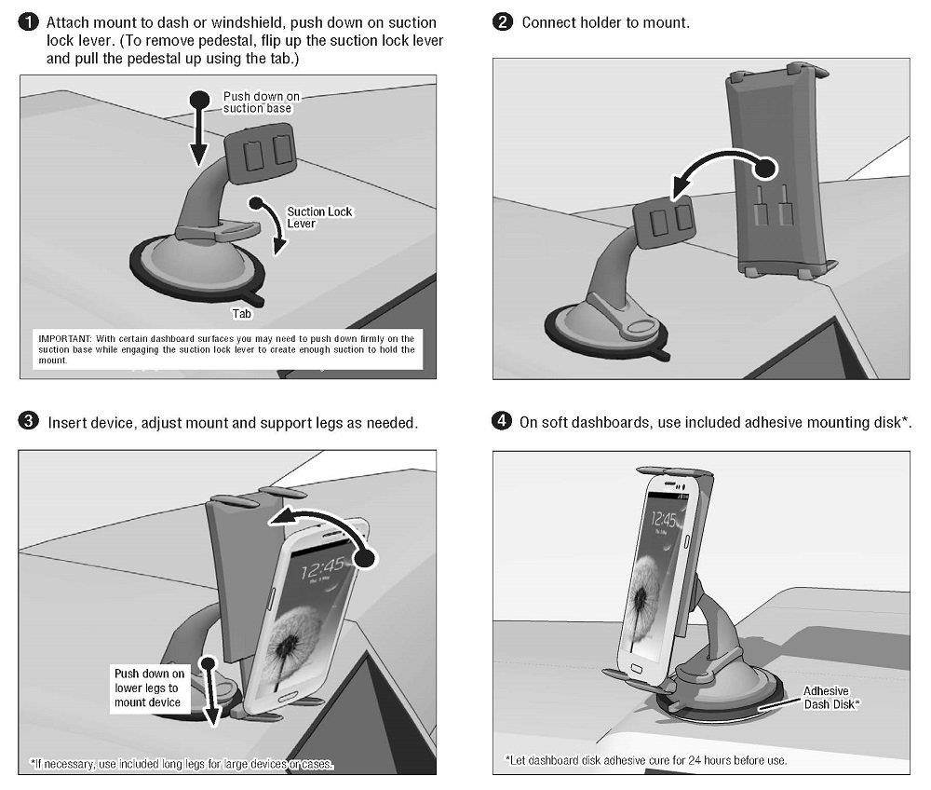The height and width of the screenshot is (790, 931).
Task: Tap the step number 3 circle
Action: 29,423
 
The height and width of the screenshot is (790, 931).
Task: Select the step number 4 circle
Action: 503,423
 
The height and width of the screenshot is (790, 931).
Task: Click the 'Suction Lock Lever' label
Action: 319,217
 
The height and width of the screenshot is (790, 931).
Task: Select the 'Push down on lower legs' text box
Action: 150,689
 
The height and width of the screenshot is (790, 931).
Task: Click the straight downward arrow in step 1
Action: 199,130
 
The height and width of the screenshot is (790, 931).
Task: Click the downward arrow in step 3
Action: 212,694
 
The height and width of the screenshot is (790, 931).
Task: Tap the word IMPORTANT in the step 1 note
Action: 62,337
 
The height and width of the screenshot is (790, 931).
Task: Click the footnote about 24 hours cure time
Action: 645,760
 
